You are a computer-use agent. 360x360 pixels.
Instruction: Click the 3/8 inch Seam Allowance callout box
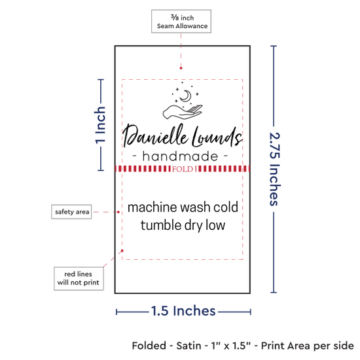pyautogui.click(x=181, y=22)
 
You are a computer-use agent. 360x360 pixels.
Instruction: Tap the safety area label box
pyautogui.click(x=71, y=211)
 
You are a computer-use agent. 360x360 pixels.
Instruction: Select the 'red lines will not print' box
pyautogui.click(x=79, y=278)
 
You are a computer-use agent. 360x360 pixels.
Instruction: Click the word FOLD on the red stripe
pyautogui.click(x=183, y=170)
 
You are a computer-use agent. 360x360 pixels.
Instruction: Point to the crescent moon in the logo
pyautogui.click(x=186, y=96)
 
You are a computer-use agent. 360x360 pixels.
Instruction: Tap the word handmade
pyautogui.click(x=180, y=156)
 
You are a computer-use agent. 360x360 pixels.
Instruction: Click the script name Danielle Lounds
pyautogui.click(x=183, y=137)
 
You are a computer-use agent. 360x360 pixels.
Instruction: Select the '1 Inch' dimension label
pyautogui.click(x=100, y=126)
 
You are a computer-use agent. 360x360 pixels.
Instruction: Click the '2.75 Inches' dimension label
pyautogui.click(x=275, y=169)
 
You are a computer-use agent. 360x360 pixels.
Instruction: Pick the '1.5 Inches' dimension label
pyautogui.click(x=183, y=311)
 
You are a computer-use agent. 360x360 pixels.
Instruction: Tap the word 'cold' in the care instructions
pyautogui.click(x=226, y=207)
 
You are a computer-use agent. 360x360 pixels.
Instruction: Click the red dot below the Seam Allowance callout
pyautogui.click(x=181, y=68)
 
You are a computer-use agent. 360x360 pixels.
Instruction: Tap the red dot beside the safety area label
pyautogui.click(x=118, y=212)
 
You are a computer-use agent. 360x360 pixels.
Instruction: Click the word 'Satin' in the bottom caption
pyautogui.click(x=189, y=346)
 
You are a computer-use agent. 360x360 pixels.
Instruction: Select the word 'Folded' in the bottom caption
pyautogui.click(x=149, y=346)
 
